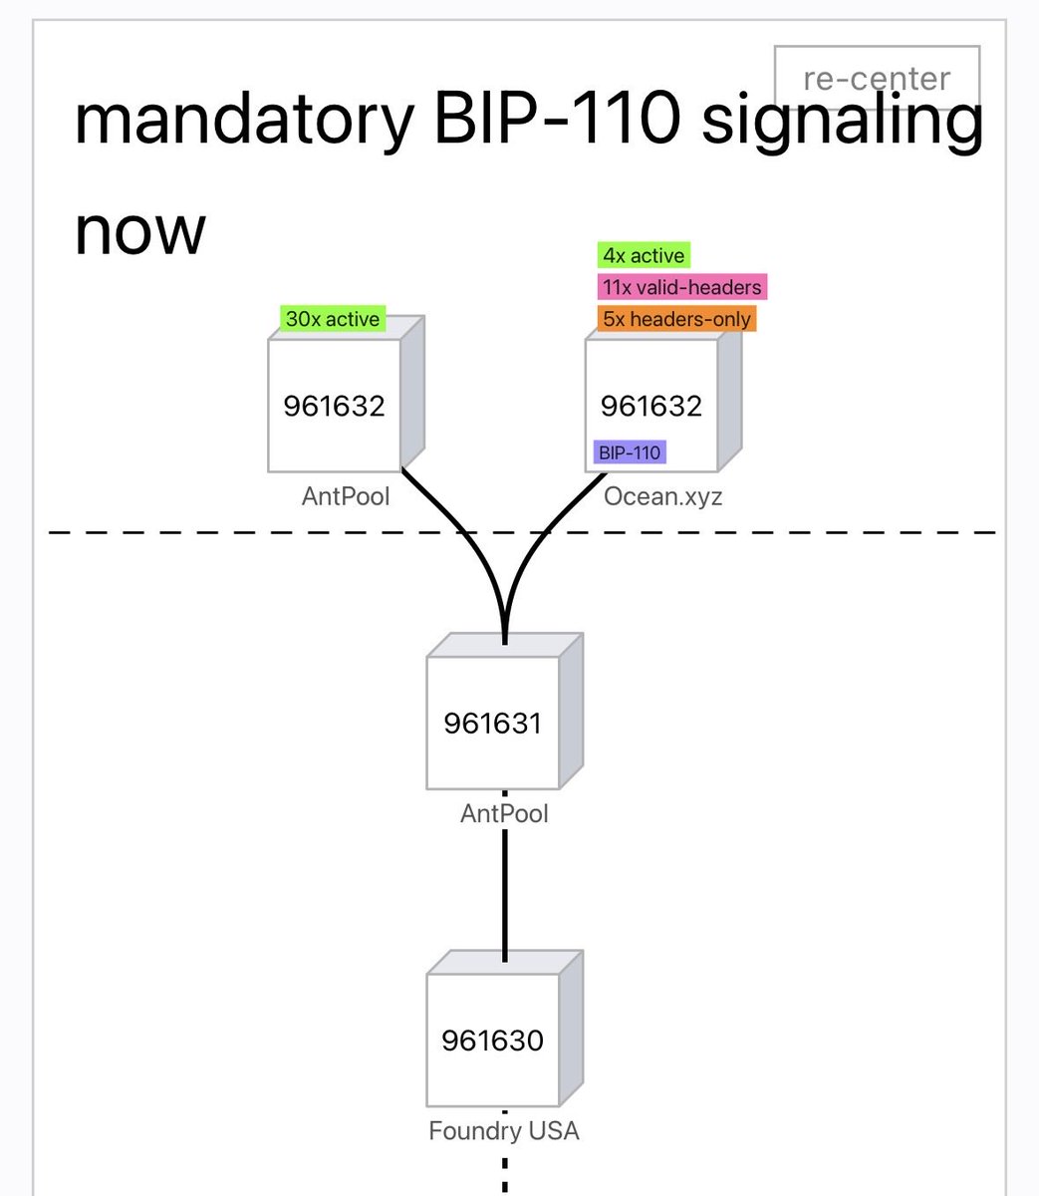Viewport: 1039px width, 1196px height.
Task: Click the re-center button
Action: point(877,77)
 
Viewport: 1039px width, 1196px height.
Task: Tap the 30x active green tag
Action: point(333,319)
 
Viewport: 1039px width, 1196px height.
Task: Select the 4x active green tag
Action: point(644,255)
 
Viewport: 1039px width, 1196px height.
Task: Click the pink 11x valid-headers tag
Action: point(682,286)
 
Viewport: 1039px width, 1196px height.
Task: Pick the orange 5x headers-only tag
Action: point(676,319)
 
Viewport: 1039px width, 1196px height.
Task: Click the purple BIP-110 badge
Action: point(630,451)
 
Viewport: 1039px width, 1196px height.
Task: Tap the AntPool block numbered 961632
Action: point(346,394)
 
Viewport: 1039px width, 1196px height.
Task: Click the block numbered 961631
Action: point(505,711)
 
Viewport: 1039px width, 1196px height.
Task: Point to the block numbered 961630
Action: point(505,1029)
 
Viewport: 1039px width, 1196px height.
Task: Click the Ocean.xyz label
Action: point(662,497)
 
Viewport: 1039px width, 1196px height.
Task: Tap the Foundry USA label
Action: point(504,1130)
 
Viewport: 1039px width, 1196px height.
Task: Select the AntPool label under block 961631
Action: point(505,813)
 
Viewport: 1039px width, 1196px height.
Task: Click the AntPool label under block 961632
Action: point(346,497)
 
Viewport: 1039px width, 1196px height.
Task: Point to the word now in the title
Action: point(140,231)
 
